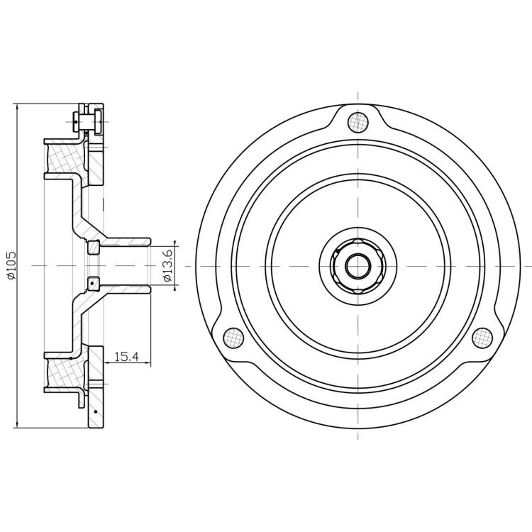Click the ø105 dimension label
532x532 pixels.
[x=11, y=265]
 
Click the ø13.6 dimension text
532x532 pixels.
[x=168, y=265]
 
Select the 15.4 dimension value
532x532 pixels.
[x=126, y=357]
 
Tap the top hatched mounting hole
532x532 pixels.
[x=358, y=122]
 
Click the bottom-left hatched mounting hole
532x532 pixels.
[x=233, y=338]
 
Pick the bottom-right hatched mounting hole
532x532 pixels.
[x=482, y=338]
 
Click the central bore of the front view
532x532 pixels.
[x=358, y=266]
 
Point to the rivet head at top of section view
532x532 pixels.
[x=75, y=121]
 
